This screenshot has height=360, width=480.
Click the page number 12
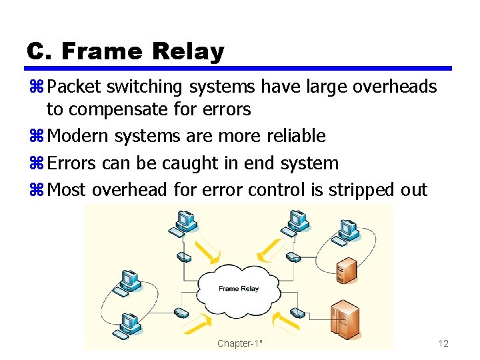click(443, 343)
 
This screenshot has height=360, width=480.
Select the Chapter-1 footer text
click(240, 343)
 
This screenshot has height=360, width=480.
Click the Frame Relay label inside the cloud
click(238, 289)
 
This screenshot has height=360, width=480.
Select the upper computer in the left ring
click(128, 281)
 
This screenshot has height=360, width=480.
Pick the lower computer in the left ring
click(130, 323)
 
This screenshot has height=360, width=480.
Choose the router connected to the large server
click(297, 313)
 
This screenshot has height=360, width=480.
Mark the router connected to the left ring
click(181, 312)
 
